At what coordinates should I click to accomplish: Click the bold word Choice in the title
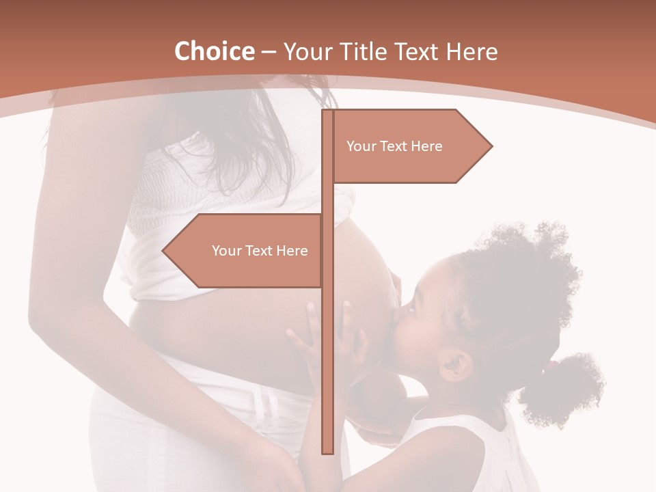[214, 51]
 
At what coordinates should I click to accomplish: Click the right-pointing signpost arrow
[410, 146]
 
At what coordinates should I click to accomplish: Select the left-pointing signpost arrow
[246, 251]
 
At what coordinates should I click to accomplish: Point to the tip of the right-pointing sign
[491, 146]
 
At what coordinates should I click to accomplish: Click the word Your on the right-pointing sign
[361, 146]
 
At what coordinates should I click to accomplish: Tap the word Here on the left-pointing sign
[292, 251]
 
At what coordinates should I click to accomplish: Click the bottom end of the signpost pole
[327, 451]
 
